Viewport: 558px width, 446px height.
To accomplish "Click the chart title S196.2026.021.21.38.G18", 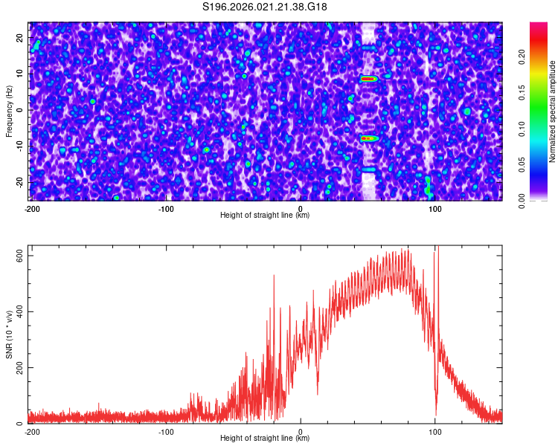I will [x=266, y=7].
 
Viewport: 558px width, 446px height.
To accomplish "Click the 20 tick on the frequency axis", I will [x=20, y=36].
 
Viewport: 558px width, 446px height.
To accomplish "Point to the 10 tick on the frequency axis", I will [x=20, y=73].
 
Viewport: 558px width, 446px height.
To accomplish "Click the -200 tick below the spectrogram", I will [x=31, y=208].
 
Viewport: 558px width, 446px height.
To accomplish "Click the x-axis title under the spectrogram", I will [x=265, y=216].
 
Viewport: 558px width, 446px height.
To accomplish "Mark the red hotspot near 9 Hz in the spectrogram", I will [x=367, y=78].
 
